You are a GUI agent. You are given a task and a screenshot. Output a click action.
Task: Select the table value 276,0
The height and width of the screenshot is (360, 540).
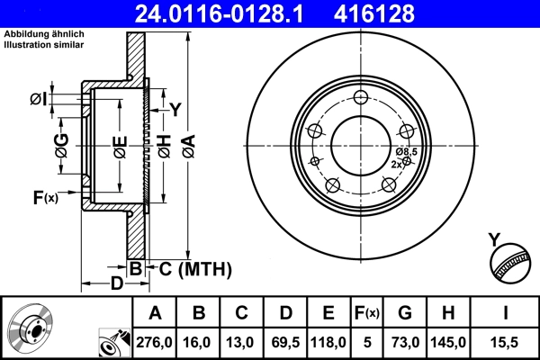click(156, 343)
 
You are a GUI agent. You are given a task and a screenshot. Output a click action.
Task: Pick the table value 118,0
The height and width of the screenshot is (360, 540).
click(328, 343)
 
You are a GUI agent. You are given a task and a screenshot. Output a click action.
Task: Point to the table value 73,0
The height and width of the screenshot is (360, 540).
click(405, 343)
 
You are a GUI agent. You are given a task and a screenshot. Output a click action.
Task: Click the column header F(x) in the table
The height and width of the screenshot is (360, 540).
click(366, 313)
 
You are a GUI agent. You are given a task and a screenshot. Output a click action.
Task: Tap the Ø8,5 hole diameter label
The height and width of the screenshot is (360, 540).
click(407, 152)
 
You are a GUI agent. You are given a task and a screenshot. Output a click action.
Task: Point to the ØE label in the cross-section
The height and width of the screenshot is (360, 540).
click(119, 145)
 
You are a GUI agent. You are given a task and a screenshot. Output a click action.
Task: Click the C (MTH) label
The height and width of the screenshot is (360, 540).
click(190, 268)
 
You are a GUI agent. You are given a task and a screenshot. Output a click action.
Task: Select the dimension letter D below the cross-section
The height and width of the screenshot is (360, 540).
click(117, 284)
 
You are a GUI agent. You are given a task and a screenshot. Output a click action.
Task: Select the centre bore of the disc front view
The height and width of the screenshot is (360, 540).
click(361, 143)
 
